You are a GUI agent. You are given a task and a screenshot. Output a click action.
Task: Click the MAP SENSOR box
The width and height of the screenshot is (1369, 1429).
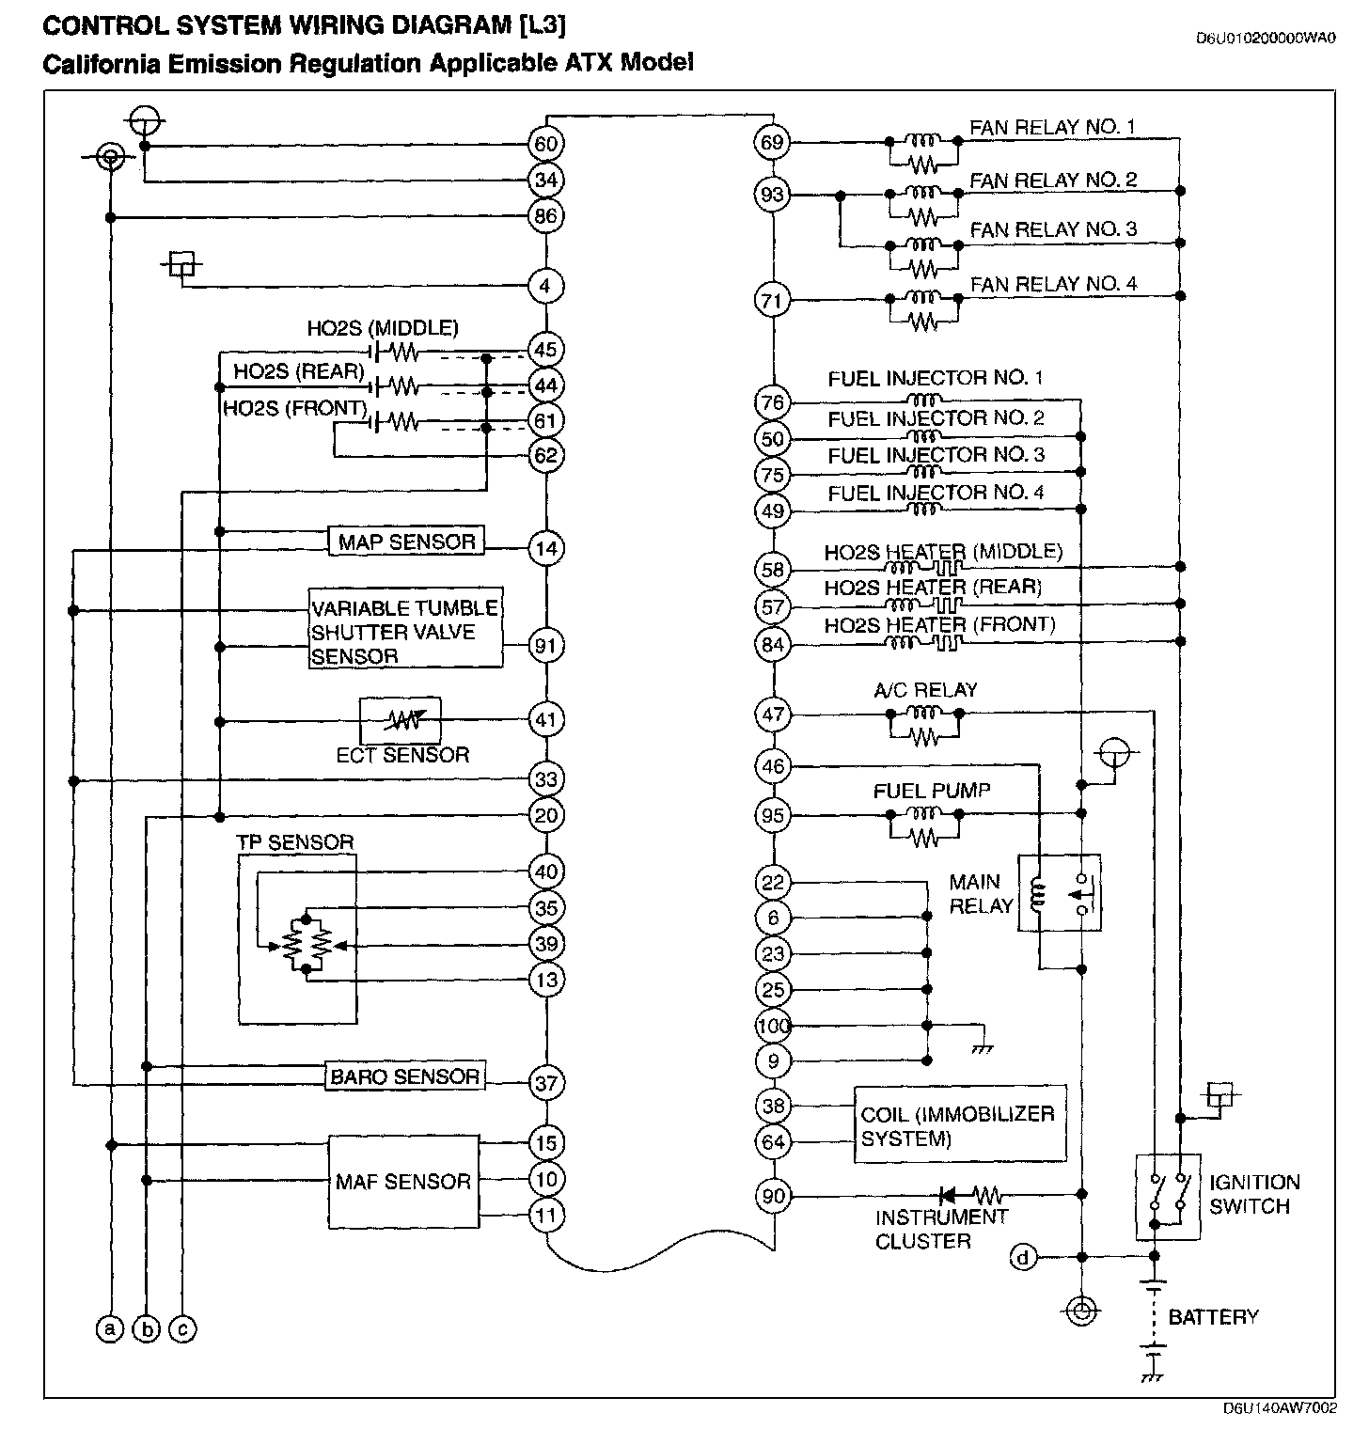click(x=406, y=542)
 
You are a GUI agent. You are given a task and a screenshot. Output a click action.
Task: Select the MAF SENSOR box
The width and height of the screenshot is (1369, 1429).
click(x=403, y=1182)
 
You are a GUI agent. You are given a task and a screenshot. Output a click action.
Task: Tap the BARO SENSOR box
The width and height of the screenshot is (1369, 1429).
click(x=404, y=1076)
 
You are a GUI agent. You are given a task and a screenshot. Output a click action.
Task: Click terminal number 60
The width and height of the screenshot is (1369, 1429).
click(x=546, y=144)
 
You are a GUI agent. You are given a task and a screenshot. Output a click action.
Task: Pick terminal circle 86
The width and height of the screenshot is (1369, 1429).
click(x=546, y=216)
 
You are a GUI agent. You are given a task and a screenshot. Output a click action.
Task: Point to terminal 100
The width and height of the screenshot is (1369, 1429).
click(x=774, y=1026)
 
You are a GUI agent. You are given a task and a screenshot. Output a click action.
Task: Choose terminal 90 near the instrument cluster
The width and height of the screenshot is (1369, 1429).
click(x=773, y=1196)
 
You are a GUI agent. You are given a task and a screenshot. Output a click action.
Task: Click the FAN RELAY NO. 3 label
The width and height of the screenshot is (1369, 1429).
click(x=1053, y=229)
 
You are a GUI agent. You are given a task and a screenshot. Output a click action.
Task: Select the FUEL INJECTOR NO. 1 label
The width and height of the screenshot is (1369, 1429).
click(x=935, y=379)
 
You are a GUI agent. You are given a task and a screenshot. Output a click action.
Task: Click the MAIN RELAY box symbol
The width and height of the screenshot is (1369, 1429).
click(x=1060, y=894)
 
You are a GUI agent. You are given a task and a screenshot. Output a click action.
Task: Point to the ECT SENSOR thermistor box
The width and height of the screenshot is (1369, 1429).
click(x=401, y=720)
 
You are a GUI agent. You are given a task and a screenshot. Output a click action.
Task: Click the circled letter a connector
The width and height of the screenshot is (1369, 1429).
click(x=110, y=1328)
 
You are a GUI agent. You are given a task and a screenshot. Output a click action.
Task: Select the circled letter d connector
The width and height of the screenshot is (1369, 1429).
click(x=1025, y=1257)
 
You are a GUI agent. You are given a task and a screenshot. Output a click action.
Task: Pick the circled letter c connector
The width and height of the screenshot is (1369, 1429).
click(x=182, y=1328)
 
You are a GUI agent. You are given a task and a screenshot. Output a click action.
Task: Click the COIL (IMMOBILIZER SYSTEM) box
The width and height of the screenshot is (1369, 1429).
click(x=960, y=1125)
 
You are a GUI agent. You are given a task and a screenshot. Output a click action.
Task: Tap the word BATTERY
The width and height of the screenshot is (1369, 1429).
click(x=1213, y=1317)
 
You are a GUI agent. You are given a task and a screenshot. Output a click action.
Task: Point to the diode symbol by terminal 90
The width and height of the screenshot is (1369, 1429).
click(x=948, y=1196)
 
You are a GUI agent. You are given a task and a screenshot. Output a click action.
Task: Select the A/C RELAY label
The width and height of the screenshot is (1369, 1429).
click(x=925, y=690)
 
